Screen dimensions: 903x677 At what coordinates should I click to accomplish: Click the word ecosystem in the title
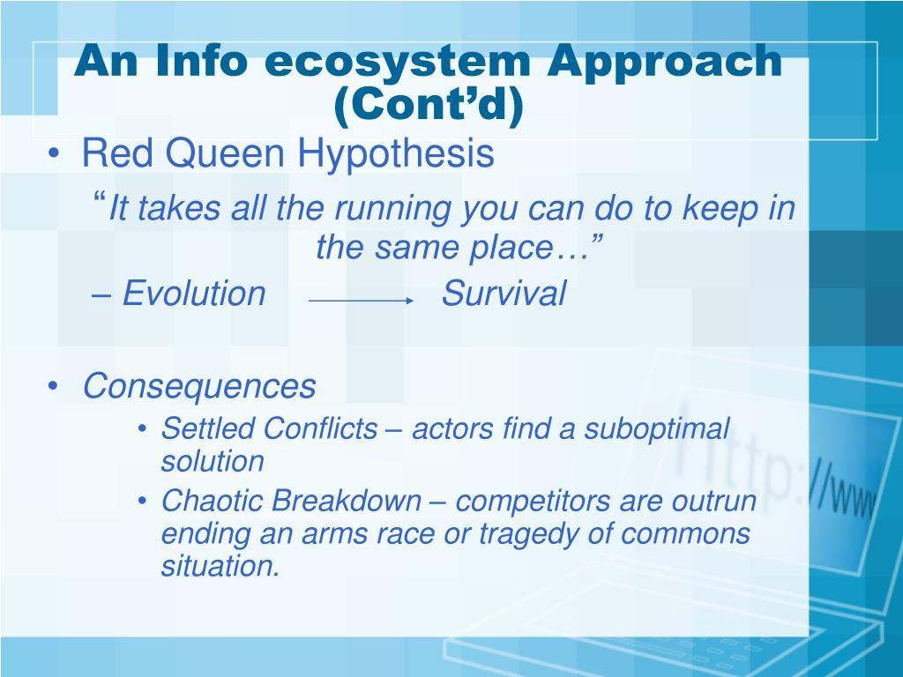click(x=397, y=62)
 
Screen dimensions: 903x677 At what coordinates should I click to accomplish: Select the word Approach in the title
click(x=664, y=61)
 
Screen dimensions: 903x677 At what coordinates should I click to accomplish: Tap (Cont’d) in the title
click(x=429, y=104)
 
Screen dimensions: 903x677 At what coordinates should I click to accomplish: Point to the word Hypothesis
click(x=396, y=154)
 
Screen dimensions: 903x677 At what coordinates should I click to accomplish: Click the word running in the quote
click(x=392, y=208)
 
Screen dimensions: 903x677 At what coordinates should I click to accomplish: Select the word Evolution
click(x=194, y=293)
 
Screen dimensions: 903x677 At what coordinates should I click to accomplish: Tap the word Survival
click(x=504, y=293)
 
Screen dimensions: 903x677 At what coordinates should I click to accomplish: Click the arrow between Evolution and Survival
click(x=361, y=301)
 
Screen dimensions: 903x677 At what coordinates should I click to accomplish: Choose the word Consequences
click(x=199, y=386)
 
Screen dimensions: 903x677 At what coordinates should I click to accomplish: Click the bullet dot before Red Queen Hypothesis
click(x=54, y=153)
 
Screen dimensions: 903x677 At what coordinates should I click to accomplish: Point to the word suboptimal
click(x=657, y=429)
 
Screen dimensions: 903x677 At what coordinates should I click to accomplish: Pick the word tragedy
click(x=528, y=534)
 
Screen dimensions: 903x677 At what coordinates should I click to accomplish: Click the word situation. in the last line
click(x=220, y=566)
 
